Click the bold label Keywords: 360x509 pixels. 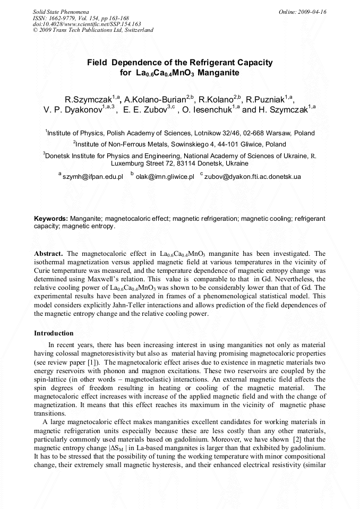[x=50, y=219]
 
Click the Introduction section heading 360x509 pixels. [x=54, y=333]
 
